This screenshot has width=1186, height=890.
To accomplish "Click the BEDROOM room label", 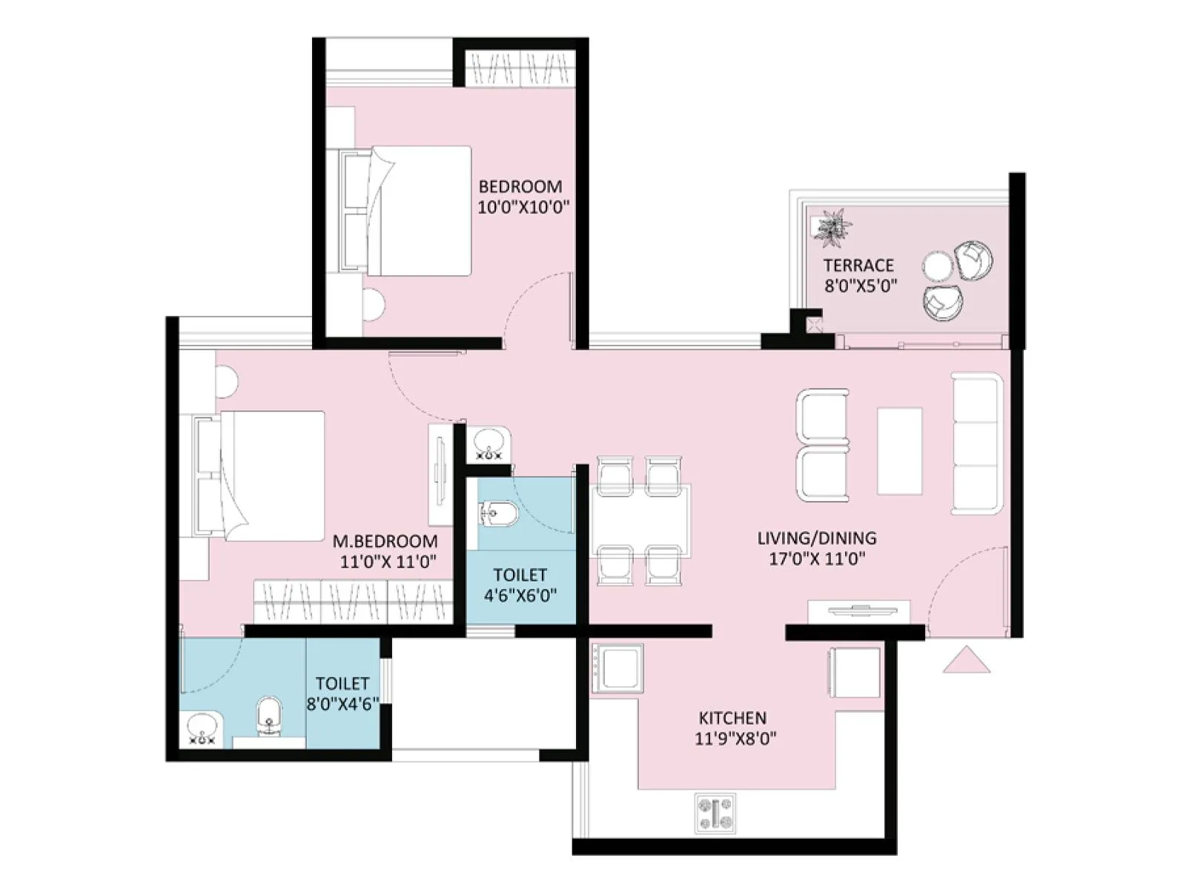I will click(520, 186).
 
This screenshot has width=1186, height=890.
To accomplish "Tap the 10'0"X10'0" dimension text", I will click(523, 207).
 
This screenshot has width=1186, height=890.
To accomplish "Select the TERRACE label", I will click(858, 265).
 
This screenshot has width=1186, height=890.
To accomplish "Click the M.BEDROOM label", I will click(385, 541).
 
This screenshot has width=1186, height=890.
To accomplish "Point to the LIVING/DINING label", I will click(816, 538).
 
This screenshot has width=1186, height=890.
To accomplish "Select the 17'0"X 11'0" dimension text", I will click(816, 558).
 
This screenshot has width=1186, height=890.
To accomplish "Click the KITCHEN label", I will click(732, 718).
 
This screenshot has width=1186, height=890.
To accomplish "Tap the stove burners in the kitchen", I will click(715, 812).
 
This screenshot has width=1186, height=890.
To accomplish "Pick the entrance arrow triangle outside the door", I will click(966, 660).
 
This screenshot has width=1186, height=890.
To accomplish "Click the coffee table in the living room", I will click(899, 450).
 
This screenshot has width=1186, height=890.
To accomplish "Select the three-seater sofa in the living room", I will click(977, 444).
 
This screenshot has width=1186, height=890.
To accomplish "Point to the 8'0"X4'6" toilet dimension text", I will click(342, 703).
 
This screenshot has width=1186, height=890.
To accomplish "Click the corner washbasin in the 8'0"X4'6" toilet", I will click(202, 728).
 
